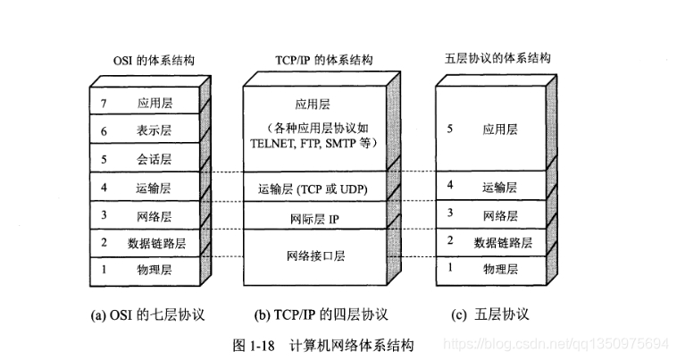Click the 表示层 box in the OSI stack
154,131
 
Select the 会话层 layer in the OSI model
154,159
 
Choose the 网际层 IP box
313,218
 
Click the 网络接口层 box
313,255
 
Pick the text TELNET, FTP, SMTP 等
313,142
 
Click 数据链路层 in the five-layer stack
502,241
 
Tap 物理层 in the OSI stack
154,268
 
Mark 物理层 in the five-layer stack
500,267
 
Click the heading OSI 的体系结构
148,60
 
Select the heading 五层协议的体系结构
497,60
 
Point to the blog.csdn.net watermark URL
557,344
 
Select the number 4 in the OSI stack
104,187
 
